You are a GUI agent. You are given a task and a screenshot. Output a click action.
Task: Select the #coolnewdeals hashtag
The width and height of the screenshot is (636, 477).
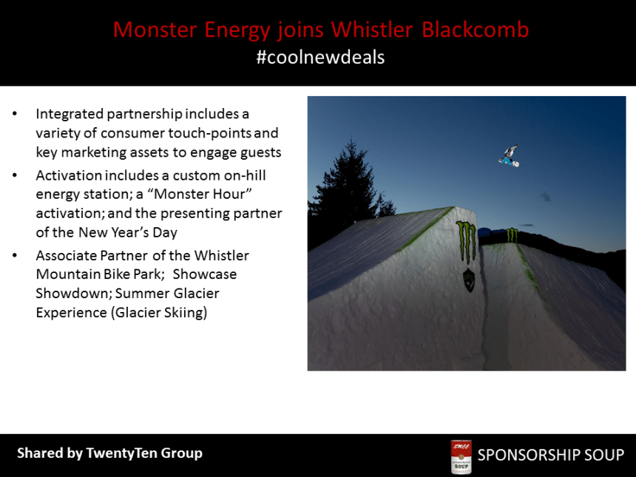(320, 57)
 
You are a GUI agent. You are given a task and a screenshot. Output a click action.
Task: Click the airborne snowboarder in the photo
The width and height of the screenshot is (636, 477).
(509, 155)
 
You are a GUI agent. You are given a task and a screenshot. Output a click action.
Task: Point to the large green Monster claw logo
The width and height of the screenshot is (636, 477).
(467, 241)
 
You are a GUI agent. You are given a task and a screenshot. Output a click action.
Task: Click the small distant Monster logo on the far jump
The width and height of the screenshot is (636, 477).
(512, 235)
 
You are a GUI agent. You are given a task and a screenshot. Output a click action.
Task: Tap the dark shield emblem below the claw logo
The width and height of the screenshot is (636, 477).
(468, 280)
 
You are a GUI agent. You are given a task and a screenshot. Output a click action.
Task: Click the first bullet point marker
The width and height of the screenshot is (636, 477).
(16, 115)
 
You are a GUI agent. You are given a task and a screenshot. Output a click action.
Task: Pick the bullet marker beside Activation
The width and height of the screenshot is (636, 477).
(16, 176)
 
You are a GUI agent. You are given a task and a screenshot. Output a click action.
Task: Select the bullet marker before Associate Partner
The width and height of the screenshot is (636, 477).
(16, 256)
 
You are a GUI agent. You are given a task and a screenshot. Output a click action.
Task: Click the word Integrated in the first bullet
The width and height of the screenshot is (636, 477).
(70, 114)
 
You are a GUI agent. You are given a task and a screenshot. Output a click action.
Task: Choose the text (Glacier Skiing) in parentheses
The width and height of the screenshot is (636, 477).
(158, 313)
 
